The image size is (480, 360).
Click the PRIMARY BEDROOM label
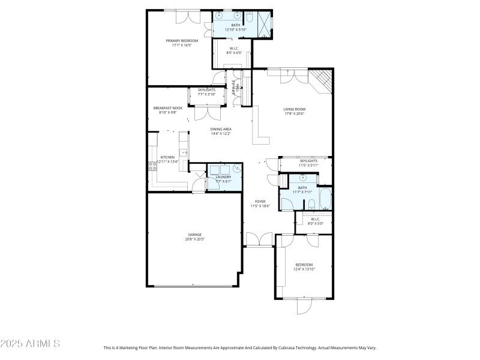point(181,41)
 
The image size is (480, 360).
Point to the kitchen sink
point(185,152)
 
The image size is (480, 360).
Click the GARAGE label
point(195,235)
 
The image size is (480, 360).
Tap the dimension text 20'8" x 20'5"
point(195,239)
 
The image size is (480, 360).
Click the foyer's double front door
point(260,239)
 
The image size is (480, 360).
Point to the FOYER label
point(260,202)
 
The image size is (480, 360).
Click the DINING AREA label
point(221,129)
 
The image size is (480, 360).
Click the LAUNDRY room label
point(223,177)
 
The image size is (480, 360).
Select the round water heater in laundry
point(238,169)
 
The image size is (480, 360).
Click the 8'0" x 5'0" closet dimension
point(316,223)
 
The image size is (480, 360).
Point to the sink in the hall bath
point(304,178)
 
